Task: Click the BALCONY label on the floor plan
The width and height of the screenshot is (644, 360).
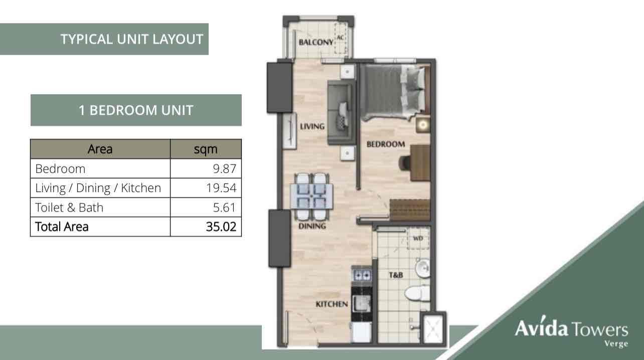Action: click(x=316, y=42)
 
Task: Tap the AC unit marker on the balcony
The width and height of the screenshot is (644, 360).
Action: click(x=340, y=38)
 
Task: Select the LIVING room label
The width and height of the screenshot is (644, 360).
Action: click(x=312, y=126)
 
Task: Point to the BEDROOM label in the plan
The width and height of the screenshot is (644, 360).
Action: click(x=386, y=144)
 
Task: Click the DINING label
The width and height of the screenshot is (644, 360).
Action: click(x=312, y=226)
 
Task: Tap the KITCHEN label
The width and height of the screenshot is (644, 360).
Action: click(x=332, y=304)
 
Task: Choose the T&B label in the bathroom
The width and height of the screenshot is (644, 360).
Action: click(x=396, y=275)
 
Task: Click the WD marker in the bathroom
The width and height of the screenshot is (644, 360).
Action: click(x=418, y=238)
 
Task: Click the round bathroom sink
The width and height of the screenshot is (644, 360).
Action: click(x=423, y=268)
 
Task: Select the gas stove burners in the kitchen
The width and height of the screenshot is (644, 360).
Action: click(x=362, y=275)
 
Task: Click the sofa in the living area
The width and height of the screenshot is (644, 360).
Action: click(x=341, y=112)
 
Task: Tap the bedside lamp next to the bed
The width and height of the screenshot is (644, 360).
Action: click(x=423, y=125)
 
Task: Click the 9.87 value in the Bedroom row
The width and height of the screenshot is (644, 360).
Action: click(x=225, y=168)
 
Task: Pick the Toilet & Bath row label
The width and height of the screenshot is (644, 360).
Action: click(x=69, y=208)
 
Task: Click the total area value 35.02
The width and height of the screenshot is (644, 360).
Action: click(x=221, y=227)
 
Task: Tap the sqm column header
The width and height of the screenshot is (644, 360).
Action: click(x=206, y=149)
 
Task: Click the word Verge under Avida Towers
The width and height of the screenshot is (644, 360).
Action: click(x=616, y=344)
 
